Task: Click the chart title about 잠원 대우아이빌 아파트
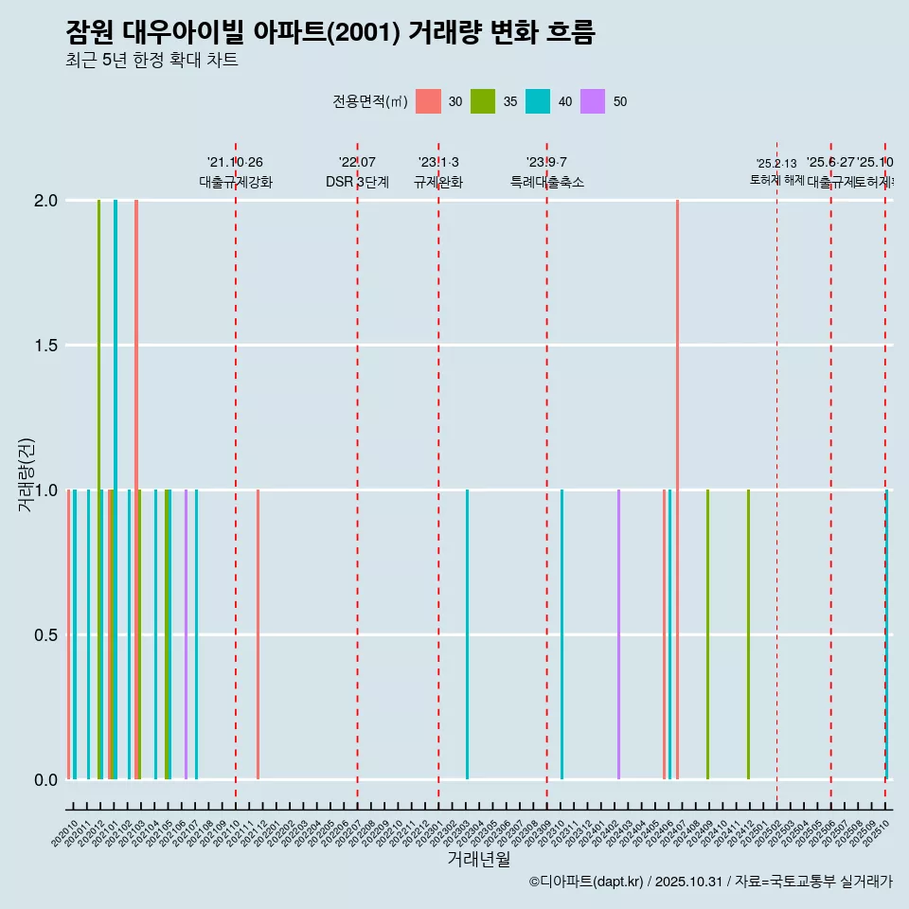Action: pyautogui.click(x=330, y=33)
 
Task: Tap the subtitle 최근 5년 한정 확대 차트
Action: pyautogui.click(x=151, y=61)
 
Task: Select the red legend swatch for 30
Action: pyautogui.click(x=428, y=101)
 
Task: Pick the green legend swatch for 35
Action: pyautogui.click(x=483, y=101)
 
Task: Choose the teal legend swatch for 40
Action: pyautogui.click(x=538, y=101)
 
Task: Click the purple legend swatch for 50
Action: pyautogui.click(x=593, y=101)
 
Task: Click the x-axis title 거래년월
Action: pyautogui.click(x=478, y=860)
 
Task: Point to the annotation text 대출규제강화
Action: pyautogui.click(x=236, y=182)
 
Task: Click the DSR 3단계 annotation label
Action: pyautogui.click(x=357, y=182)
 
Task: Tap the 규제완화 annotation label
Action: pyautogui.click(x=438, y=182)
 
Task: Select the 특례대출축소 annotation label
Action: pyautogui.click(x=547, y=182)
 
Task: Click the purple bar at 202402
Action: pyautogui.click(x=618, y=634)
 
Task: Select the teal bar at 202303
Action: pyautogui.click(x=467, y=634)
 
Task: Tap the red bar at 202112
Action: pyautogui.click(x=258, y=634)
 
